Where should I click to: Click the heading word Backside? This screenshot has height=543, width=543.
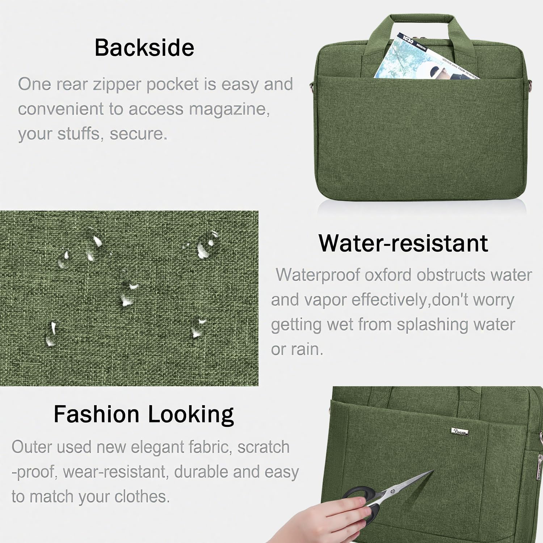click(x=144, y=48)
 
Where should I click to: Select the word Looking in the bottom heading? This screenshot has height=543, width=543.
click(x=191, y=414)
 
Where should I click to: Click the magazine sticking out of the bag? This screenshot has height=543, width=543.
click(x=416, y=58)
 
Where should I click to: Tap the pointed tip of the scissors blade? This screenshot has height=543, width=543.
click(x=433, y=471)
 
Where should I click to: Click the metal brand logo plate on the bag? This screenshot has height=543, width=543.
click(x=460, y=431)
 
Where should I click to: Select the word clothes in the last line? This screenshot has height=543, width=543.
click(x=142, y=497)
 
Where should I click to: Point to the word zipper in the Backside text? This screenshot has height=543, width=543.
click(x=117, y=84)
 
